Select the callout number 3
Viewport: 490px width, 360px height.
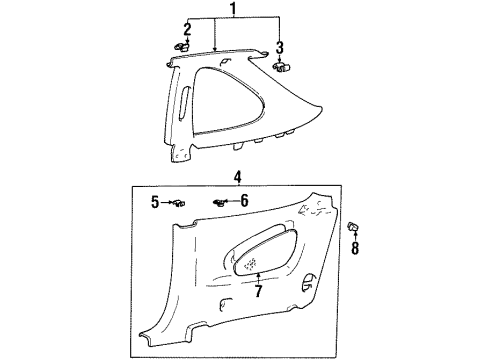[x=279, y=47]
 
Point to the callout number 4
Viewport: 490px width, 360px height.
[x=237, y=177]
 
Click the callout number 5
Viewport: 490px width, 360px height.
[x=156, y=202]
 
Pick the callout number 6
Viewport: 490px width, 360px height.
[x=244, y=202]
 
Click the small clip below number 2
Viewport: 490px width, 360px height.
[x=182, y=45]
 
